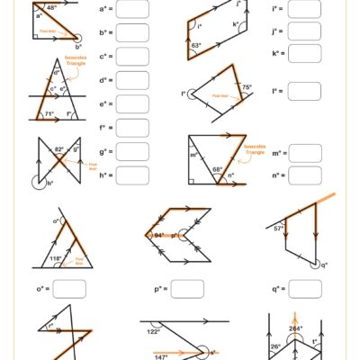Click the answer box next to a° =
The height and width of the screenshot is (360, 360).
click(x=132, y=10)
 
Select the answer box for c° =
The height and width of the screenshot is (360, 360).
click(x=132, y=57)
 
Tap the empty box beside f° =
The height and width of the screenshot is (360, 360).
click(x=132, y=127)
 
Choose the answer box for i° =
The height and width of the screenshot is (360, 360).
click(x=306, y=10)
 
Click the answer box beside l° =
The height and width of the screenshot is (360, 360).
click(x=306, y=92)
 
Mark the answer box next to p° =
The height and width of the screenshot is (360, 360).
click(x=186, y=289)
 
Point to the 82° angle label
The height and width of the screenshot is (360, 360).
click(x=60, y=148)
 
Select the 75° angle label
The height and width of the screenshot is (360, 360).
click(x=247, y=87)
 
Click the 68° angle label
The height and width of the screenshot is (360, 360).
click(x=218, y=169)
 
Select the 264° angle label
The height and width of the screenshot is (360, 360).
click(x=294, y=328)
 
